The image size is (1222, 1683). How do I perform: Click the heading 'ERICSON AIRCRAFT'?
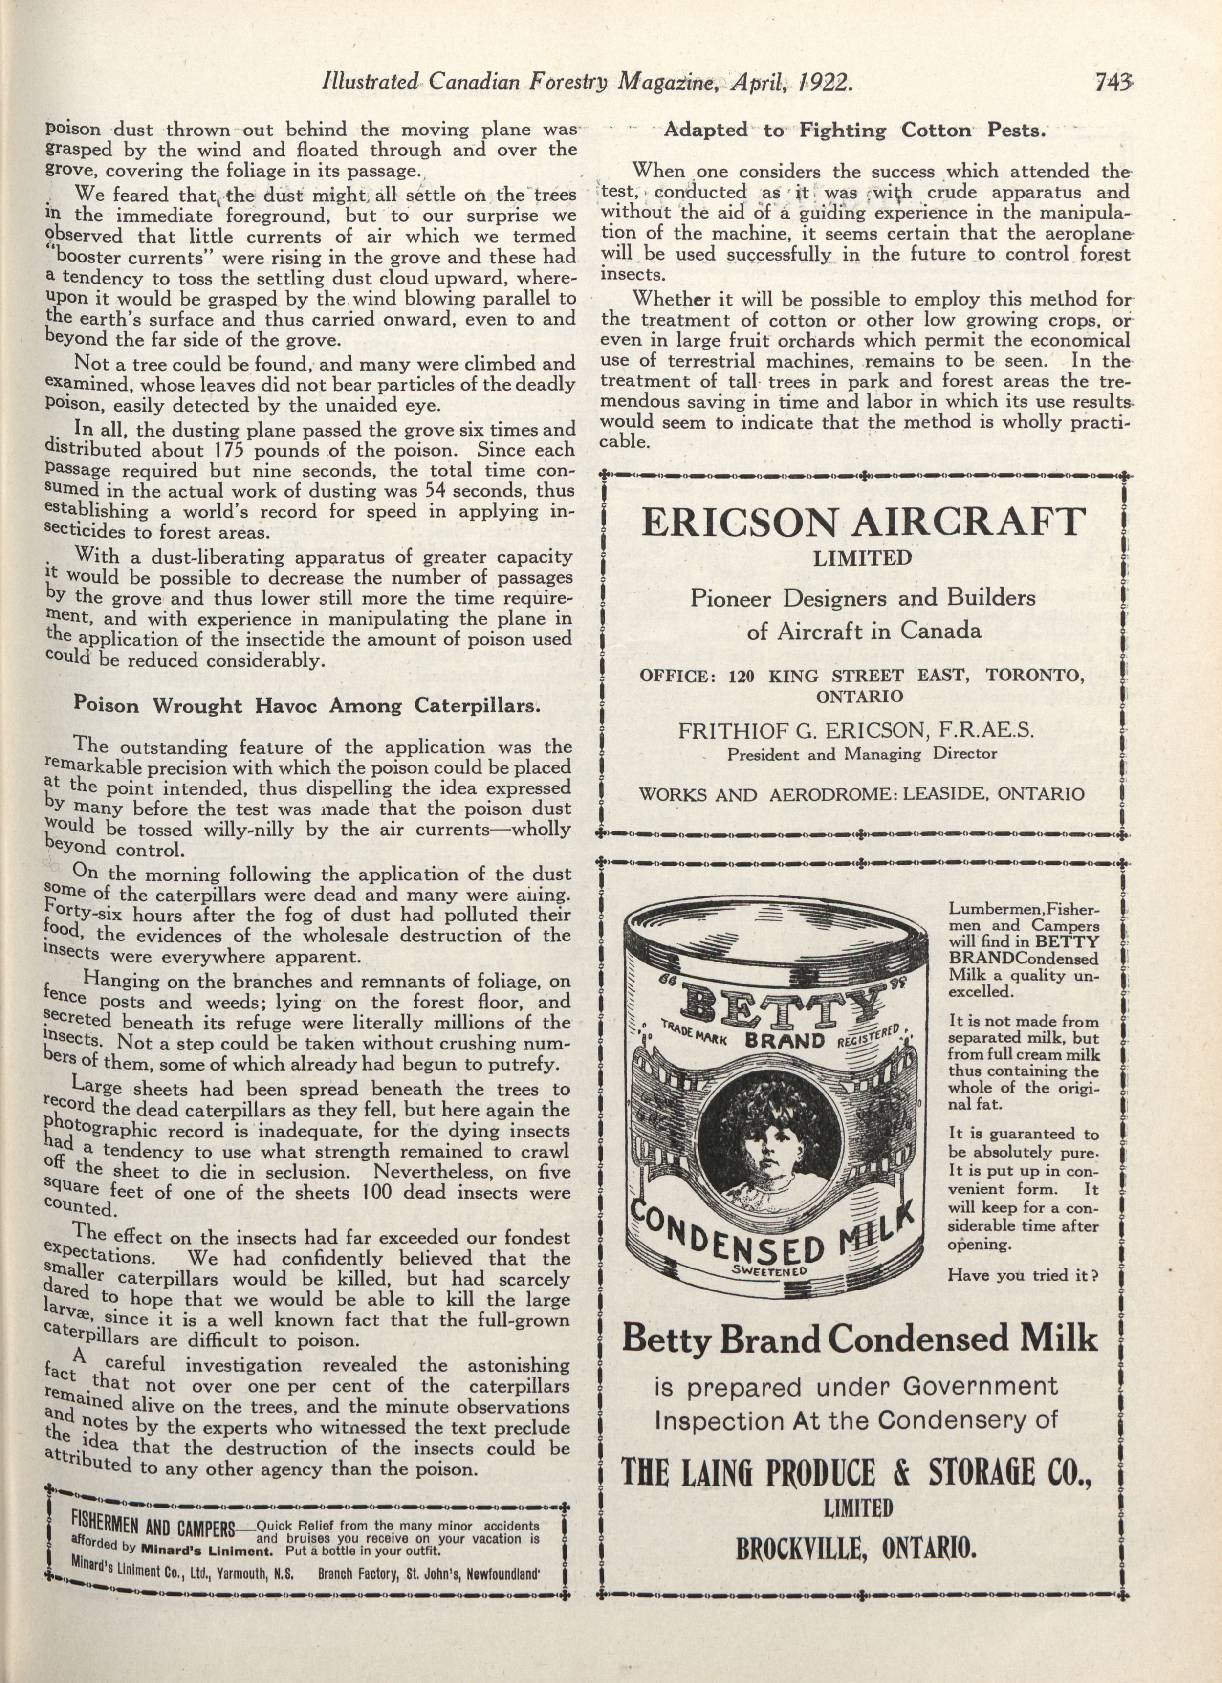[863, 523]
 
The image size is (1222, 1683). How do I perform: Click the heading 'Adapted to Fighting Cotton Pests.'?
[854, 131]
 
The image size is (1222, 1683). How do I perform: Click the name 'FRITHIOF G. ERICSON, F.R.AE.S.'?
[856, 730]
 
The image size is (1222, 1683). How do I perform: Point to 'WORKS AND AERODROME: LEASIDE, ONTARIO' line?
[861, 793]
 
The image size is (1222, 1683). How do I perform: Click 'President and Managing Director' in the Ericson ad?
[861, 754]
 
